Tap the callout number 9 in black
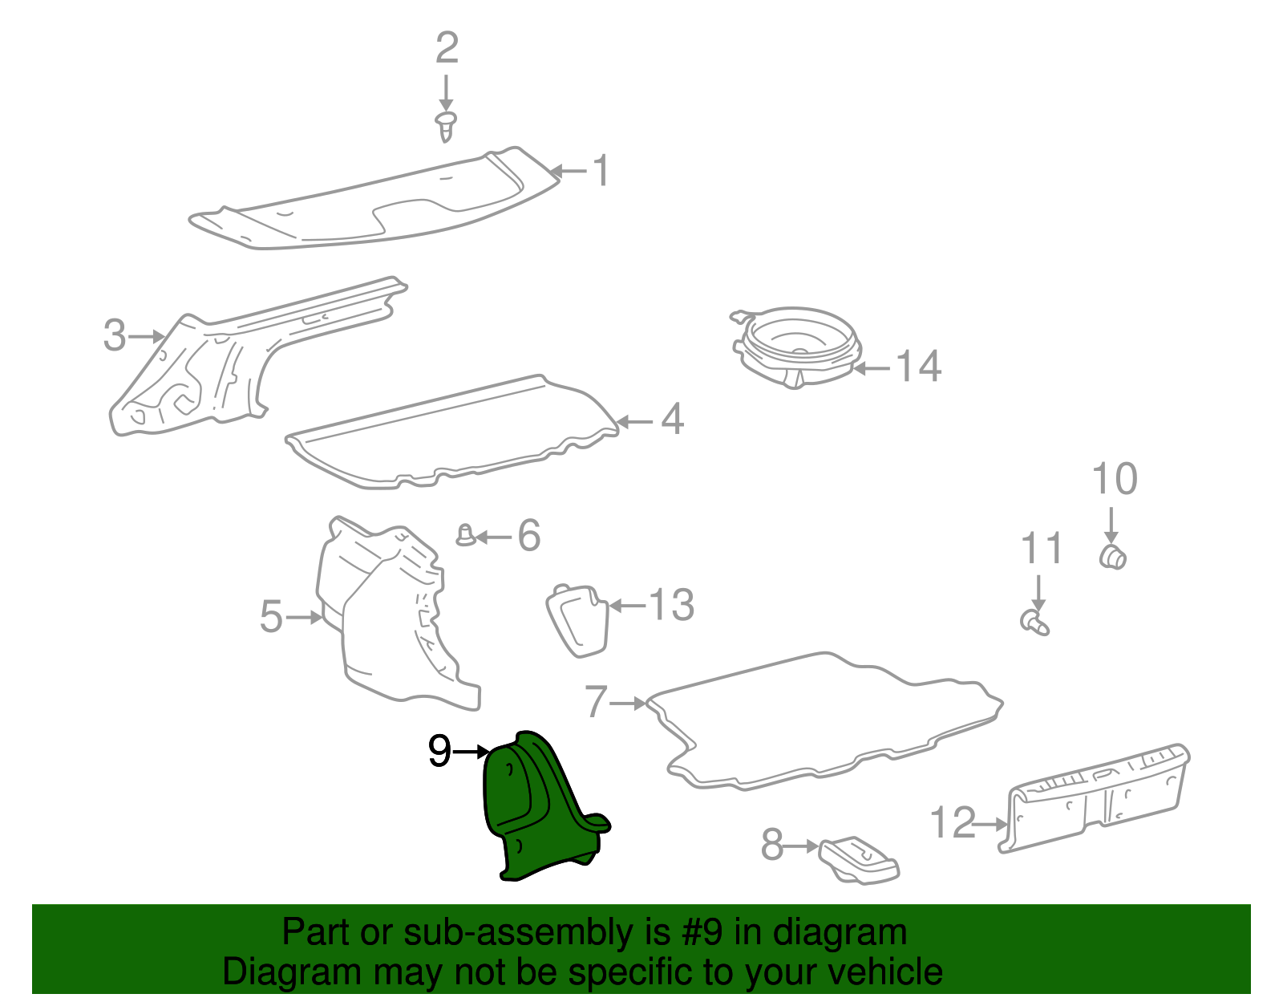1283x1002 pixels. click(x=439, y=752)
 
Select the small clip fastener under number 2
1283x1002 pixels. click(x=447, y=127)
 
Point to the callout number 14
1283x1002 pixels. click(x=918, y=367)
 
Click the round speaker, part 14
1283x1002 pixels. click(x=798, y=345)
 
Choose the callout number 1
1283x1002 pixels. click(x=601, y=171)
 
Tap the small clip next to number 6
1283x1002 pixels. click(x=465, y=534)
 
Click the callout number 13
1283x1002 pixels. click(x=671, y=605)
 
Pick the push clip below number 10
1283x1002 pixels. click(x=1112, y=556)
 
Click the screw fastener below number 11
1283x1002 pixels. click(x=1034, y=623)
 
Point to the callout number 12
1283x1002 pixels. click(x=952, y=823)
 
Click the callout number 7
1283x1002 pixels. click(x=596, y=702)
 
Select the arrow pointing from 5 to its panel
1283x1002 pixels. click(x=304, y=617)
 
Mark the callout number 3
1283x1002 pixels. click(x=115, y=335)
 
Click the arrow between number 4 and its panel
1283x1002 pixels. click(x=635, y=421)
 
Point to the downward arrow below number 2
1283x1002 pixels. click(x=446, y=91)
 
